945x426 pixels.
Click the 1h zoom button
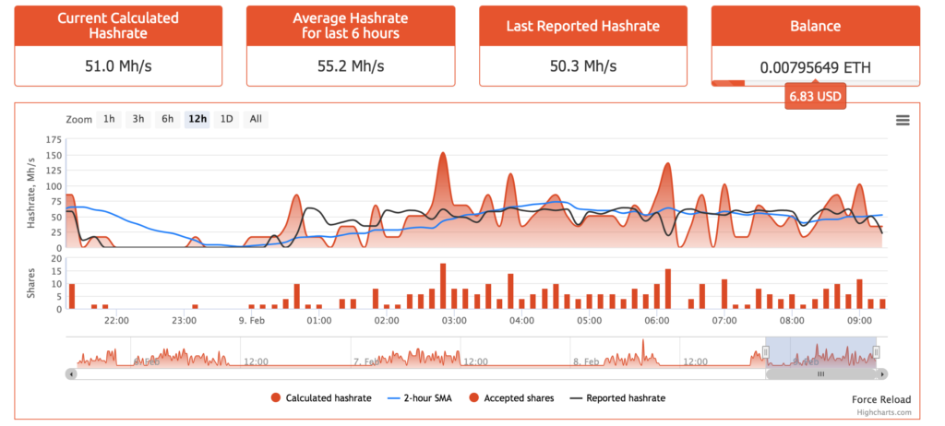110,119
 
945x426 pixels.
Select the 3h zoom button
138,119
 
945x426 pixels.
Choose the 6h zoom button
167,119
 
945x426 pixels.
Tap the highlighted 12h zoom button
197,119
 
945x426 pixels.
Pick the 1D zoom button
225,119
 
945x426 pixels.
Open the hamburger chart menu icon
903,120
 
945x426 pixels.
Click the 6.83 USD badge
815,96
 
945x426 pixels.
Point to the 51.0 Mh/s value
117,66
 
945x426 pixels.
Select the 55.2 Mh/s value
350,66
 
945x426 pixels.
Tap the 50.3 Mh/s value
582,66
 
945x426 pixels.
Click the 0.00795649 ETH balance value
815,66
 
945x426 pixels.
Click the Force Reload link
880,399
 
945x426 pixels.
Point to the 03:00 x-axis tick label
454,321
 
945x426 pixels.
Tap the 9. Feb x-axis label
252,321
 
